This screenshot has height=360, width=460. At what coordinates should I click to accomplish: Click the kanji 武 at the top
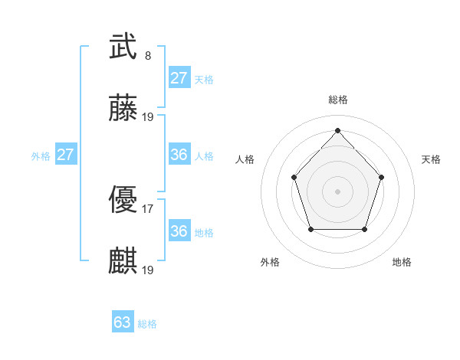click(123, 47)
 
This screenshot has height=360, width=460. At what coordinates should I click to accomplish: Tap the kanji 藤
click(123, 109)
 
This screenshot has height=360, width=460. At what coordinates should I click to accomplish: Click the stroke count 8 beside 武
click(148, 56)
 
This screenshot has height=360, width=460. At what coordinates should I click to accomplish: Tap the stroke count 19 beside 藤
click(148, 117)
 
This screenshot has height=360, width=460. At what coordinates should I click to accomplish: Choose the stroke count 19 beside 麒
click(148, 270)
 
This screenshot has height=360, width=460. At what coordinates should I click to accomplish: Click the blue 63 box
click(123, 322)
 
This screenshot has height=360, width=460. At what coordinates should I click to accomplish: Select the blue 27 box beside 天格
click(179, 78)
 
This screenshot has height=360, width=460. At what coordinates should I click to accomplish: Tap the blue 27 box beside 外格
click(66, 155)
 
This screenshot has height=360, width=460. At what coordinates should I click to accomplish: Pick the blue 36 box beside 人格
click(179, 155)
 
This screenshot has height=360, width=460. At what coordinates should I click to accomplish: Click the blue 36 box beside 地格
click(179, 231)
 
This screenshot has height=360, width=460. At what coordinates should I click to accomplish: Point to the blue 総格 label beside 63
click(147, 324)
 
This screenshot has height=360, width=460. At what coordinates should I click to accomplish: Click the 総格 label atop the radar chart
click(337, 100)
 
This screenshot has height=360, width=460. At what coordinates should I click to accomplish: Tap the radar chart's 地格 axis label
click(402, 262)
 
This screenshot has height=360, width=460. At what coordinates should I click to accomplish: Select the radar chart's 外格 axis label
click(270, 262)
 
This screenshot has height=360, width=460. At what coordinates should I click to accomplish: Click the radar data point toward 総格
click(337, 129)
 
